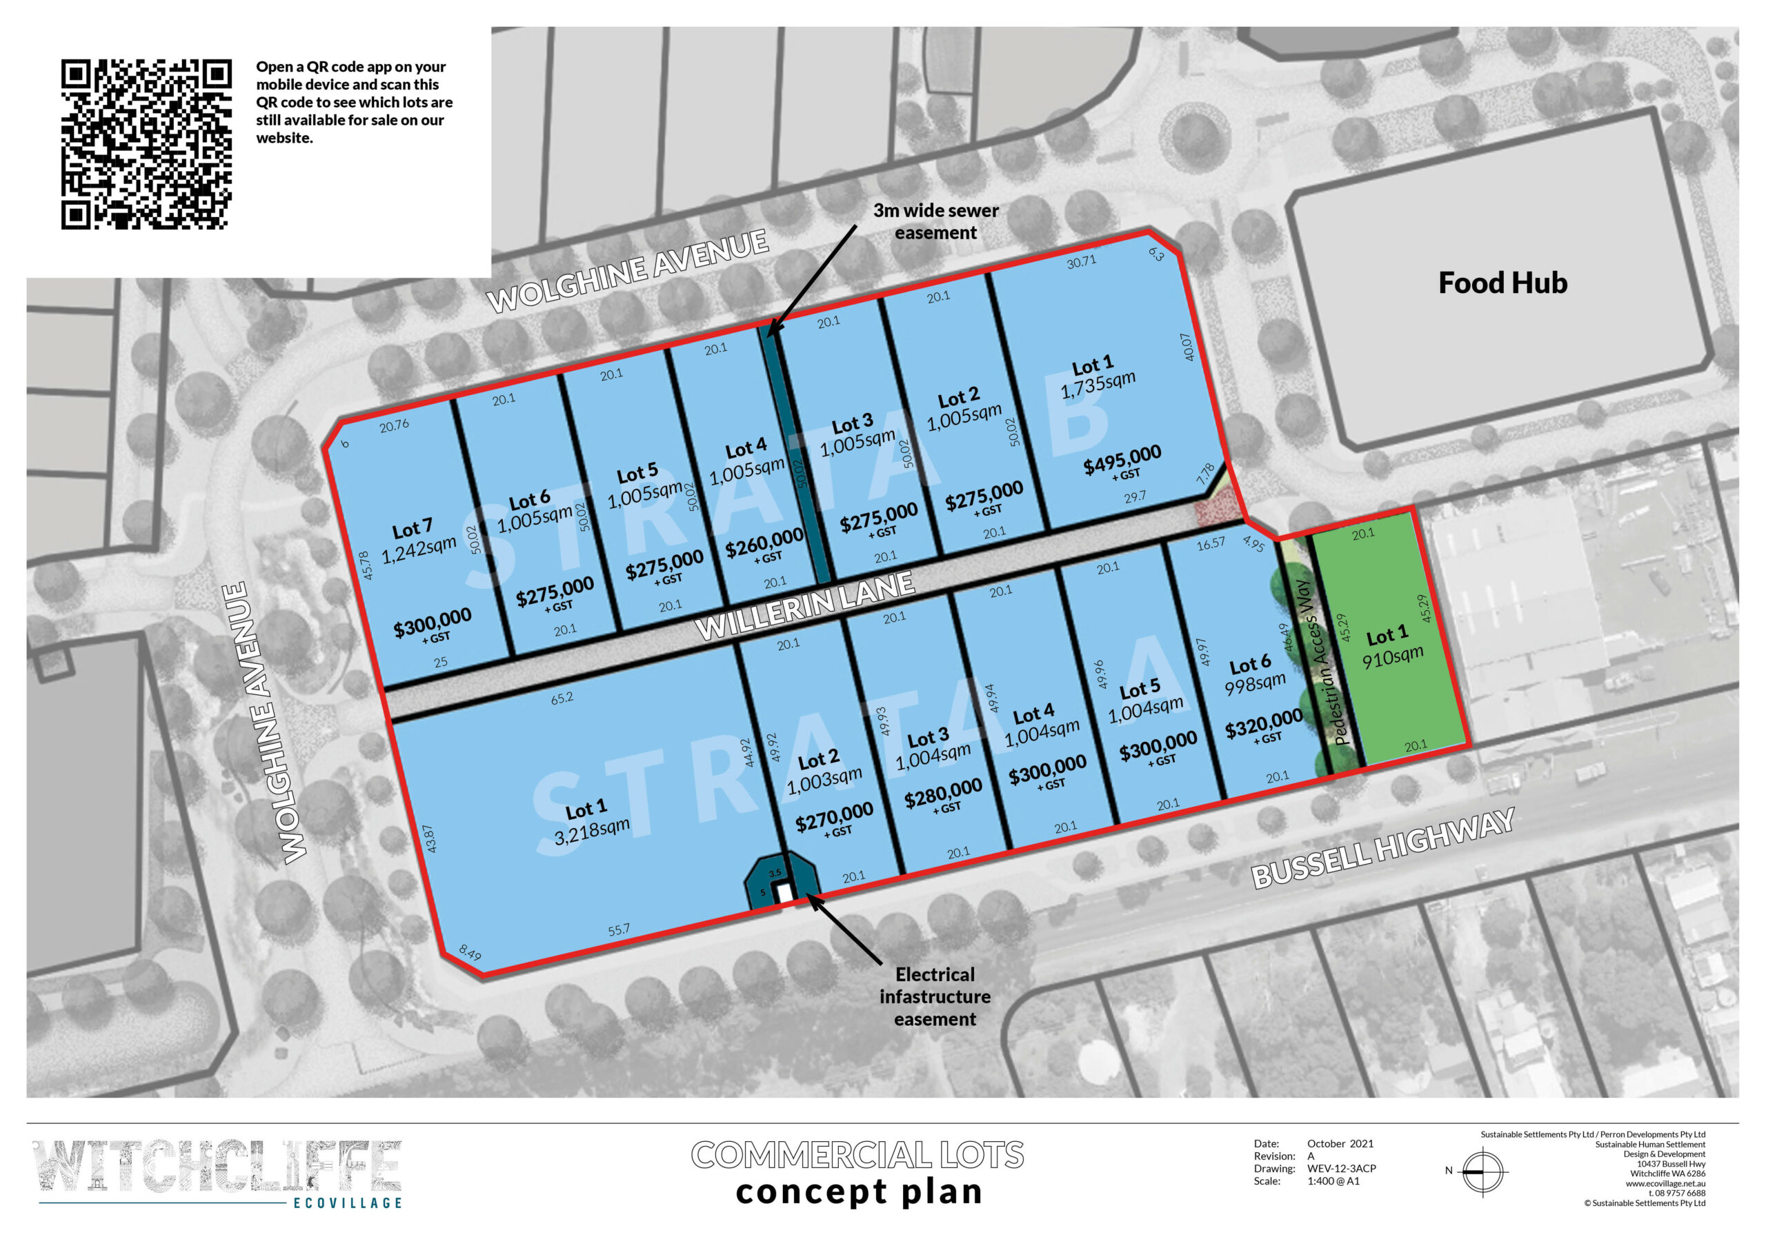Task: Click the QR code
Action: pyautogui.click(x=146, y=144)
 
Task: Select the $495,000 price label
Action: pyautogui.click(x=1122, y=460)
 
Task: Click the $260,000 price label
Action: pyautogui.click(x=764, y=543)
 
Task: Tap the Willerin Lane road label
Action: pyautogui.click(x=804, y=606)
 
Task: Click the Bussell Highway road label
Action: pyautogui.click(x=1382, y=848)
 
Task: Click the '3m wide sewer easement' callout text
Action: pyautogui.click(x=935, y=221)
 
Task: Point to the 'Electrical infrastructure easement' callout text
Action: pyautogui.click(x=935, y=996)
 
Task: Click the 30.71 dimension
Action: pyautogui.click(x=1081, y=262)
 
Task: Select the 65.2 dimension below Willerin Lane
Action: pyautogui.click(x=562, y=698)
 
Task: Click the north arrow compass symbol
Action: pyautogui.click(x=1482, y=1171)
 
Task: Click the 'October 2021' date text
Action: pyautogui.click(x=1340, y=1143)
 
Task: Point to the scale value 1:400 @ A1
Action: pyautogui.click(x=1333, y=1181)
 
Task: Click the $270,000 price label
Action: pyautogui.click(x=834, y=817)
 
